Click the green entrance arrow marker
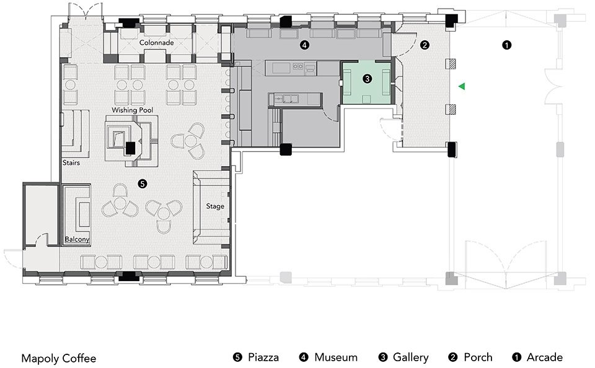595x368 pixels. pos(461,87)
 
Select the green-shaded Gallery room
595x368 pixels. pos(367,90)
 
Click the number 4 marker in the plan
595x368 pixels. pos(304,45)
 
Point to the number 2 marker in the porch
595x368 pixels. pos(425,45)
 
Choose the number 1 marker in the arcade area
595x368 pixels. pos(506,45)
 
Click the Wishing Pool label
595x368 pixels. pos(131,110)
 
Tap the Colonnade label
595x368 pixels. pos(156,43)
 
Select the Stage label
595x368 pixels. pos(215,206)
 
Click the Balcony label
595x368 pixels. pos(77,240)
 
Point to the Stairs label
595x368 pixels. pos(71,163)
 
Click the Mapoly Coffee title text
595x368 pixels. pos(58,358)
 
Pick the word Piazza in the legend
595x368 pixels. pos(263,357)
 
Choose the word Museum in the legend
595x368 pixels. pos(335,357)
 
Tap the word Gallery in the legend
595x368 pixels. pos(410,357)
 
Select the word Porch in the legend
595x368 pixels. pos(478,357)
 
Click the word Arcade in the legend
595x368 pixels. pos(544,357)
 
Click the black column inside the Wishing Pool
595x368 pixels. pos(130,148)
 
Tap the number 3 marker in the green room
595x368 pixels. pos(368,79)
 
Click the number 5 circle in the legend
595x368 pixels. pos(237,357)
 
